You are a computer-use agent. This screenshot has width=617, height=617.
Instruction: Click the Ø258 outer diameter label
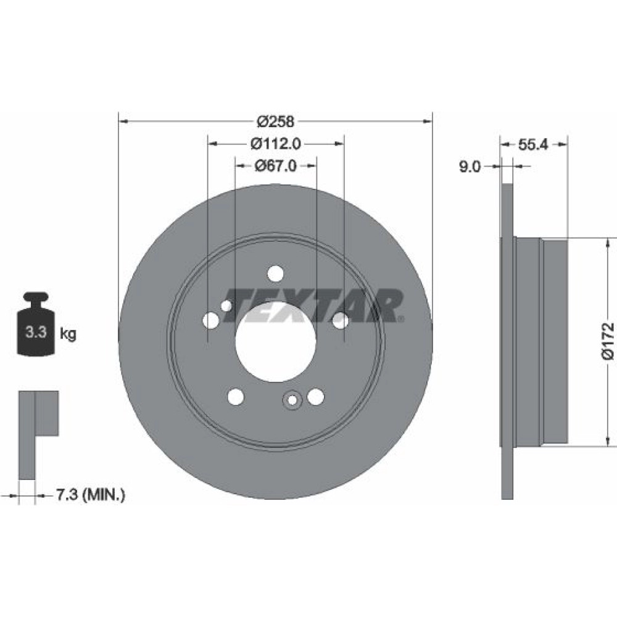pos(275,122)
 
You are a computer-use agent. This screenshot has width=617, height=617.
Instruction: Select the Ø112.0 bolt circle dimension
pos(275,144)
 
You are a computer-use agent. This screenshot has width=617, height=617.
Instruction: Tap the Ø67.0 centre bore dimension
pos(275,166)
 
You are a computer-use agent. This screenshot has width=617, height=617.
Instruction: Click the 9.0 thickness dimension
pos(470,167)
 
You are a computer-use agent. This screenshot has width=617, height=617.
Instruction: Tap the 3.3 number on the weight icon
pos(36,333)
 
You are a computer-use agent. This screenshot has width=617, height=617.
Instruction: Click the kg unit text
pos(68,334)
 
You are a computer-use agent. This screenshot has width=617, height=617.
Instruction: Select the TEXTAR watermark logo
pos(315,305)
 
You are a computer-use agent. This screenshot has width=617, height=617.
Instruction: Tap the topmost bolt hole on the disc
pos(275,273)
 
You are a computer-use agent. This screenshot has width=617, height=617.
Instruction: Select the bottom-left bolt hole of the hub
pos(236,397)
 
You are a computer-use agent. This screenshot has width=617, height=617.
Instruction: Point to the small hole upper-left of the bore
pos(226,305)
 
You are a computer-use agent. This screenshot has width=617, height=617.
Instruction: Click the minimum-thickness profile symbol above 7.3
pos(38,435)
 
